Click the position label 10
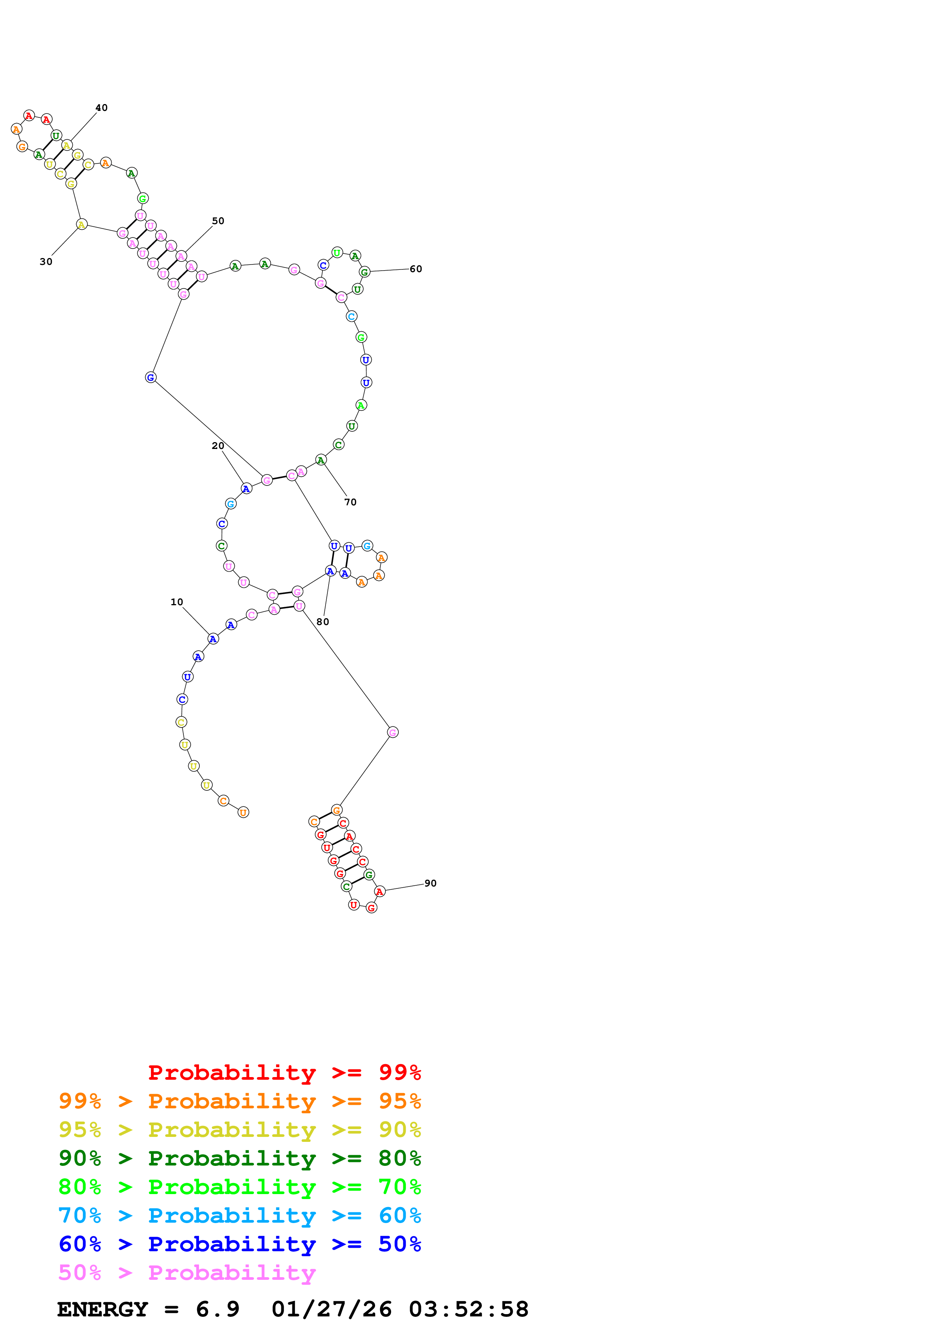(176, 602)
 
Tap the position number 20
(218, 446)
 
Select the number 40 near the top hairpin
(101, 108)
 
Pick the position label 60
(416, 269)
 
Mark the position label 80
(322, 622)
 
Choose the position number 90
(430, 883)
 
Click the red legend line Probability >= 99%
(284, 1072)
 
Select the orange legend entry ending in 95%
(239, 1101)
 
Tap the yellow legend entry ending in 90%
(239, 1130)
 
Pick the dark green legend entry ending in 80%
(239, 1158)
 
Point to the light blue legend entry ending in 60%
(239, 1215)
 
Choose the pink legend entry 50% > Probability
(187, 1272)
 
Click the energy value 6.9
(217, 1309)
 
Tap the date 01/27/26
(331, 1309)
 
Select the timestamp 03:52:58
(468, 1309)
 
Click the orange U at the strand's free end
(243, 812)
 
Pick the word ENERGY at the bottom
(103, 1309)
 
